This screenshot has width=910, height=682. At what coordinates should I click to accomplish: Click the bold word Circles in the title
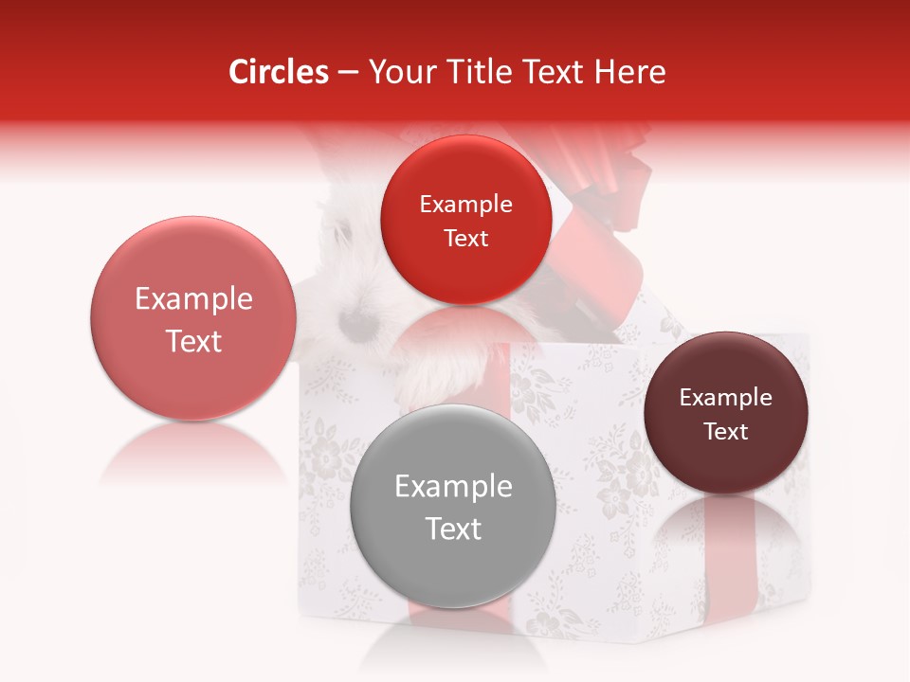(279, 72)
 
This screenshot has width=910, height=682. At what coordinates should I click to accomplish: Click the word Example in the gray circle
(453, 487)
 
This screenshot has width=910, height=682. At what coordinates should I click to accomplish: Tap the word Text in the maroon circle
(726, 432)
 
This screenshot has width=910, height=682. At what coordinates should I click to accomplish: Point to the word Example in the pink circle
(193, 299)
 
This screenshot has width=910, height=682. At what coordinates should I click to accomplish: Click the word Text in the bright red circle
(465, 239)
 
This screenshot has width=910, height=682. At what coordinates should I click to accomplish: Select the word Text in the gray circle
(453, 529)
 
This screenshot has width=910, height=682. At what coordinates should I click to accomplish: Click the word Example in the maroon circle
(726, 398)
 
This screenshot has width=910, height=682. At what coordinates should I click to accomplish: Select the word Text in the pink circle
(193, 341)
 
